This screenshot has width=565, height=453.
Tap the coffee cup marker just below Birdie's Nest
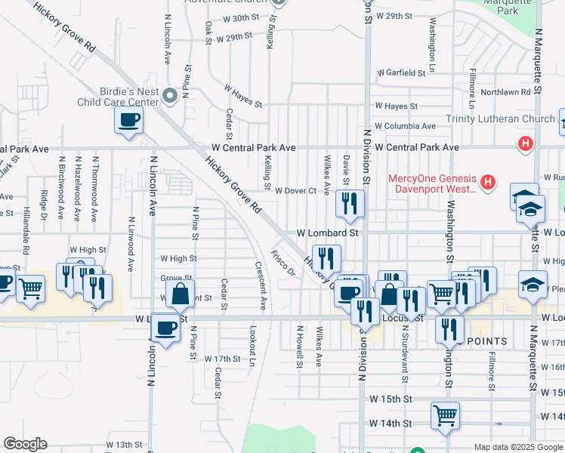pyautogui.click(x=128, y=119)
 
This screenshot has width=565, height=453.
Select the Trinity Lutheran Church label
pyautogui.click(x=500, y=119)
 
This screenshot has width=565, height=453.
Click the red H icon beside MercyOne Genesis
pyautogui.click(x=489, y=182)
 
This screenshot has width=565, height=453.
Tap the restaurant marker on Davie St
pyautogui.click(x=350, y=202)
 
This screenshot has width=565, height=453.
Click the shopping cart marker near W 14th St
pyautogui.click(x=445, y=414)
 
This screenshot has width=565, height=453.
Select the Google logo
pyautogui.click(x=25, y=444)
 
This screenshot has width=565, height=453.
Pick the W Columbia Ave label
pyautogui.click(x=405, y=126)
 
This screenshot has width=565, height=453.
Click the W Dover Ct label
pyautogui.click(x=295, y=191)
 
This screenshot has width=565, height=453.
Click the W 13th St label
pyautogui.click(x=124, y=445)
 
